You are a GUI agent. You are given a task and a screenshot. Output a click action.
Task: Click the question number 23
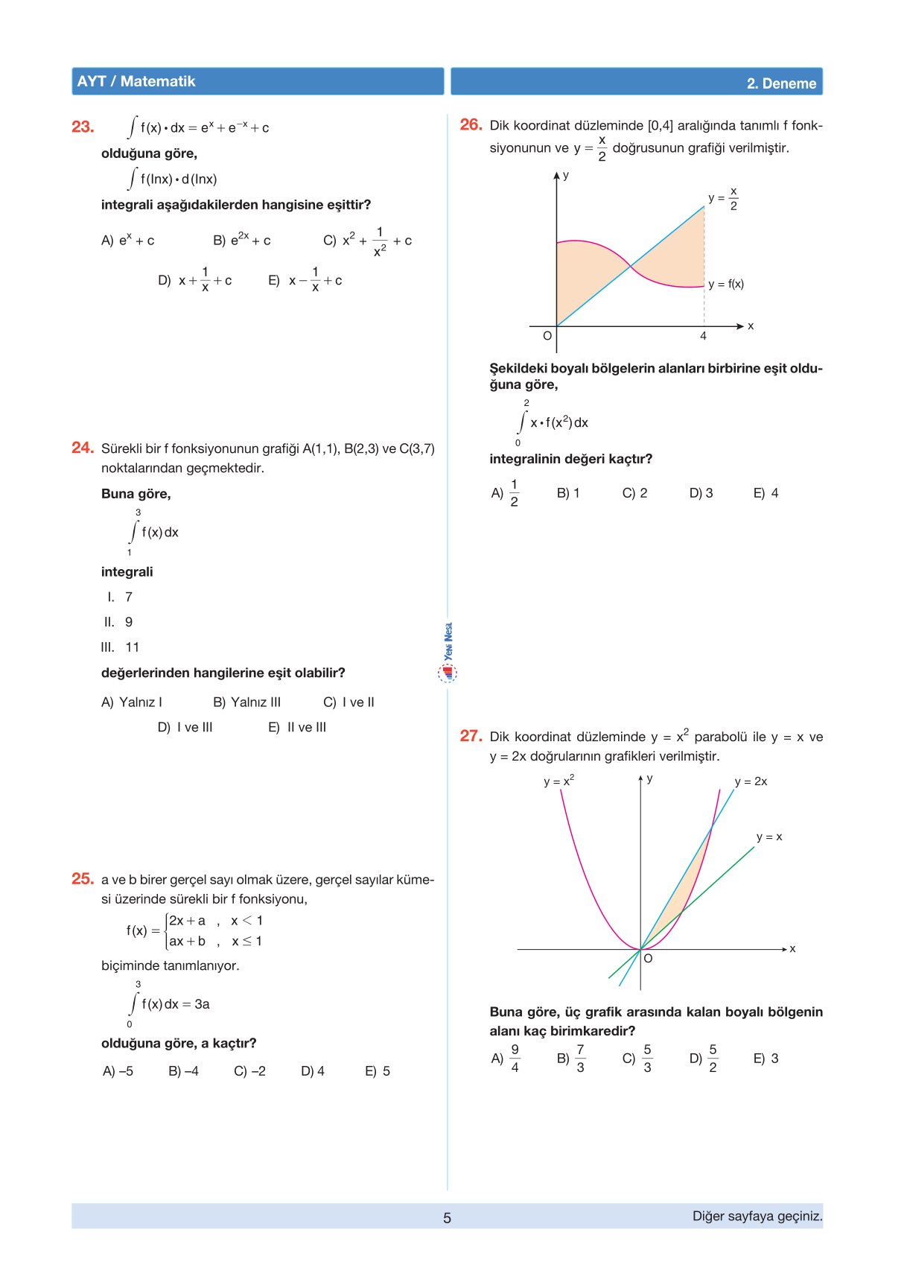(83, 127)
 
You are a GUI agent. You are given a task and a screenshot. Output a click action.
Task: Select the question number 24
(83, 448)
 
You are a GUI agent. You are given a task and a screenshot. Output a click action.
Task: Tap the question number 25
(83, 879)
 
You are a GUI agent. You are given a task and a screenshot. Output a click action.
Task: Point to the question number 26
(471, 124)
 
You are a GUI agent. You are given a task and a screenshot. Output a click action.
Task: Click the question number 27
(471, 736)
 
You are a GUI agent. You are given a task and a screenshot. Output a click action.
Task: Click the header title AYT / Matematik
(136, 81)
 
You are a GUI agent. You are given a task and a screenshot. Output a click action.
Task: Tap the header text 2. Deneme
(781, 83)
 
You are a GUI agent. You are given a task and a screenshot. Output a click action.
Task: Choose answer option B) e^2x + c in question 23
(242, 240)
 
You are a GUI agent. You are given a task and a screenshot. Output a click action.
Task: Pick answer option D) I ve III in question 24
(185, 727)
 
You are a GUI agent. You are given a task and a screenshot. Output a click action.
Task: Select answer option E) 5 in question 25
(378, 1071)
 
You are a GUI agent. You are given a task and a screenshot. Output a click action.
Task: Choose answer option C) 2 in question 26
(634, 493)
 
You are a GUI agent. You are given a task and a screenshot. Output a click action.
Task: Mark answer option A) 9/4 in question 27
(506, 1058)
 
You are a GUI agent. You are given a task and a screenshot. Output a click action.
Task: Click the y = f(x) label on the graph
(726, 284)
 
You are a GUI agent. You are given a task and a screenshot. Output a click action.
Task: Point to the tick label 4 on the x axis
(703, 336)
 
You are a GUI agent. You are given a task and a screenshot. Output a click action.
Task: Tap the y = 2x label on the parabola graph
(751, 781)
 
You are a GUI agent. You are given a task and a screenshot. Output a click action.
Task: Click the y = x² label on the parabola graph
(558, 781)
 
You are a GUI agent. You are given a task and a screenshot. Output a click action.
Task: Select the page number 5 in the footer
(447, 1218)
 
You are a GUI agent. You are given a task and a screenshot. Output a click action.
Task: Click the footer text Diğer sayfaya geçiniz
(757, 1216)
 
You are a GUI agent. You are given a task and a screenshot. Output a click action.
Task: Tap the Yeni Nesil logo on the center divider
(448, 653)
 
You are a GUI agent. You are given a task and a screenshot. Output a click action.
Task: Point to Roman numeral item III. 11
(121, 647)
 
